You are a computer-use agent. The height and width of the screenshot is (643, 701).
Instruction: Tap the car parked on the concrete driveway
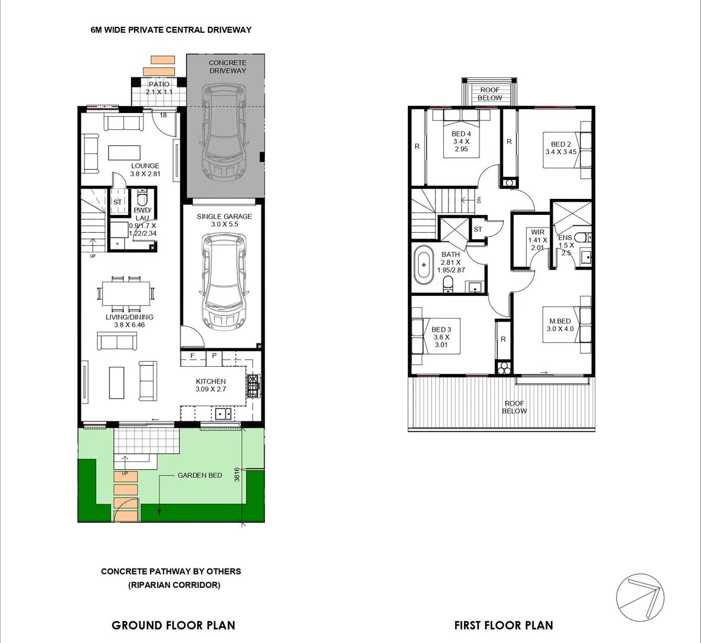point(224,132)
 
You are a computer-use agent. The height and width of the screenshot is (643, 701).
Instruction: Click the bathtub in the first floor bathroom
point(424,264)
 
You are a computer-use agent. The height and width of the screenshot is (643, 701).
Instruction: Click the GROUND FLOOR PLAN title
point(173,625)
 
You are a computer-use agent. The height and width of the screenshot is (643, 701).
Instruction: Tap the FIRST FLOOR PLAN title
point(503,625)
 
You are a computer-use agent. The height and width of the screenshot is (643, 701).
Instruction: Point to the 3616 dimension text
point(236,475)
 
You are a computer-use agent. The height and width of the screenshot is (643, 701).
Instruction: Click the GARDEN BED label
point(200,475)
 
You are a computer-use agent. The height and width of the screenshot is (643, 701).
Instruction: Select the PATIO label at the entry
point(159,85)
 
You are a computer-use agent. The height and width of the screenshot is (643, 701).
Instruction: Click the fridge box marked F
point(192,356)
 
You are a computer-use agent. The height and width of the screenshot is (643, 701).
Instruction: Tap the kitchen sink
point(224,414)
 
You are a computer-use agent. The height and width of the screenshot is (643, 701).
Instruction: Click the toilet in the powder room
point(142,196)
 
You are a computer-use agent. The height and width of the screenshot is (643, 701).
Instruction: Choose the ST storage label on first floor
point(478,229)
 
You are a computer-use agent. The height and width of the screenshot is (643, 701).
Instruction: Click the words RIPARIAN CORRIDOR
point(174,585)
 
